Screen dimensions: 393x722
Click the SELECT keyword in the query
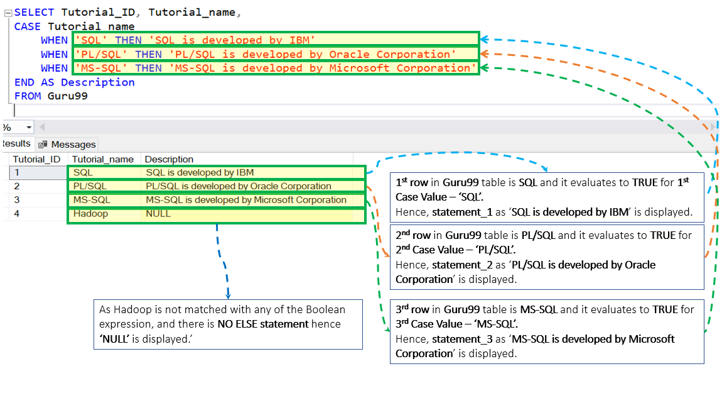(x=35, y=13)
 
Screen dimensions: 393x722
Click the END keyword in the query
(x=24, y=82)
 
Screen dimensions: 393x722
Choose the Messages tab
(x=73, y=145)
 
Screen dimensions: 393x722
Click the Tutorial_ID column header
(x=36, y=159)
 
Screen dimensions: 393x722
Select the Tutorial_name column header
(x=102, y=159)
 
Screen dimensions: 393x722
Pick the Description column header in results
(x=169, y=159)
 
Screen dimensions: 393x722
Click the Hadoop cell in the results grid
(x=90, y=214)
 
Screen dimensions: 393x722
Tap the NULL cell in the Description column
(x=158, y=214)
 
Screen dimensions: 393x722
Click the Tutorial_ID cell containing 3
(x=17, y=200)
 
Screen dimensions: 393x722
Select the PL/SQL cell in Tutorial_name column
(x=90, y=186)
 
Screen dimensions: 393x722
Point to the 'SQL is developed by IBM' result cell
(x=199, y=172)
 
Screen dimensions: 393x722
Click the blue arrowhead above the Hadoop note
(x=228, y=294)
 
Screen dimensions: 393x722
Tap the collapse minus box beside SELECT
(x=8, y=13)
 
